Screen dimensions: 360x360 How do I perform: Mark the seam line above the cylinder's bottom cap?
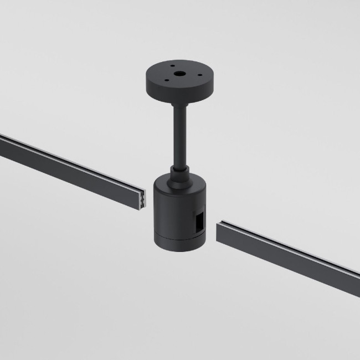pos(172,235)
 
